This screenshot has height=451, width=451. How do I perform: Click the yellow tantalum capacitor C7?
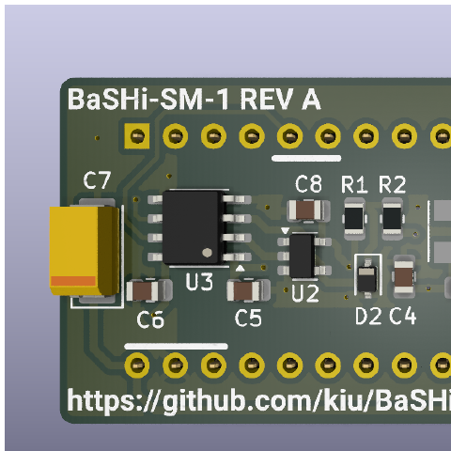(x=84, y=251)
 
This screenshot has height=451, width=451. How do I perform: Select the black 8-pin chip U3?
(x=192, y=227)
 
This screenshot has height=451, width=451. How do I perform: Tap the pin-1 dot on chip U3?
(x=207, y=253)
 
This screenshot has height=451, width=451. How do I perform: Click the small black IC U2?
(x=302, y=256)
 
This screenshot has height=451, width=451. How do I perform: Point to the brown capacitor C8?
(x=308, y=210)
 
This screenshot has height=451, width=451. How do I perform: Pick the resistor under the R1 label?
(x=354, y=218)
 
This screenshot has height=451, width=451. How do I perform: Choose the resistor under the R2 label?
(x=392, y=218)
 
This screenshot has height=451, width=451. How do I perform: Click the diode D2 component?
(x=367, y=275)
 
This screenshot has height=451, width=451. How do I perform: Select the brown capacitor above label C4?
(x=404, y=276)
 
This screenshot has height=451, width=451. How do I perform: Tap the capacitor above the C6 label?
(x=148, y=290)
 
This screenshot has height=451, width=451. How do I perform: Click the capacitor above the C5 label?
(x=248, y=290)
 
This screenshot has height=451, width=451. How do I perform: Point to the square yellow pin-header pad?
(x=137, y=136)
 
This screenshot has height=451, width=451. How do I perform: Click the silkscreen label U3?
(x=199, y=281)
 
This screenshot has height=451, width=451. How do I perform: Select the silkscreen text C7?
(x=97, y=180)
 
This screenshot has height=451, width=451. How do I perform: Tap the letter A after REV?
(x=311, y=99)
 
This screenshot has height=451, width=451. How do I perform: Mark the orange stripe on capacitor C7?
(x=73, y=281)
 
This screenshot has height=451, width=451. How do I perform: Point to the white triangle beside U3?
(x=240, y=268)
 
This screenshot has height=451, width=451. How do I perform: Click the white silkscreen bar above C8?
(x=306, y=158)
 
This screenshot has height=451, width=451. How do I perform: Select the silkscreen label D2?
(x=368, y=316)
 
